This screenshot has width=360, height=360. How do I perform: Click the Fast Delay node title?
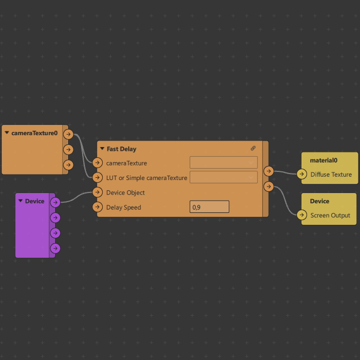122,149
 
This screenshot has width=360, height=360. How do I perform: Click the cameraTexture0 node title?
35,133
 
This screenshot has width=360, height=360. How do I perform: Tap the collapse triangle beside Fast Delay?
102,149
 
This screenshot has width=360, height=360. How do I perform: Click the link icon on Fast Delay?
253,148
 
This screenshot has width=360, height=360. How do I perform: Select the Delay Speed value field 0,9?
209,207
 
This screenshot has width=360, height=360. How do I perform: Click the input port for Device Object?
98,192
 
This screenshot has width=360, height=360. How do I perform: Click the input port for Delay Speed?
98,207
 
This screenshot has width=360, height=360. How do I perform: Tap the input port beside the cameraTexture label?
98,163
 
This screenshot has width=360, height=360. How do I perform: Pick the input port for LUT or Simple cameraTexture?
98,177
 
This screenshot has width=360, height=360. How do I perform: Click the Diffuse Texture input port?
302,174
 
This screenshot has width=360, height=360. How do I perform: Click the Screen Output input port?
302,215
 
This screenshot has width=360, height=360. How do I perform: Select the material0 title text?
323,160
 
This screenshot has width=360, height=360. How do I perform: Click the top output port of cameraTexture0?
68,134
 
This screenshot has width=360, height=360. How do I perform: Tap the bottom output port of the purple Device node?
55,248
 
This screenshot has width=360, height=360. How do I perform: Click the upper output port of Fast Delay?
269,171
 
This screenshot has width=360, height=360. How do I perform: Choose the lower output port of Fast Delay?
269,186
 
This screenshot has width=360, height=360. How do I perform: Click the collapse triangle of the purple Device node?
21,201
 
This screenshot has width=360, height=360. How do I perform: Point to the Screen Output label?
330,215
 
